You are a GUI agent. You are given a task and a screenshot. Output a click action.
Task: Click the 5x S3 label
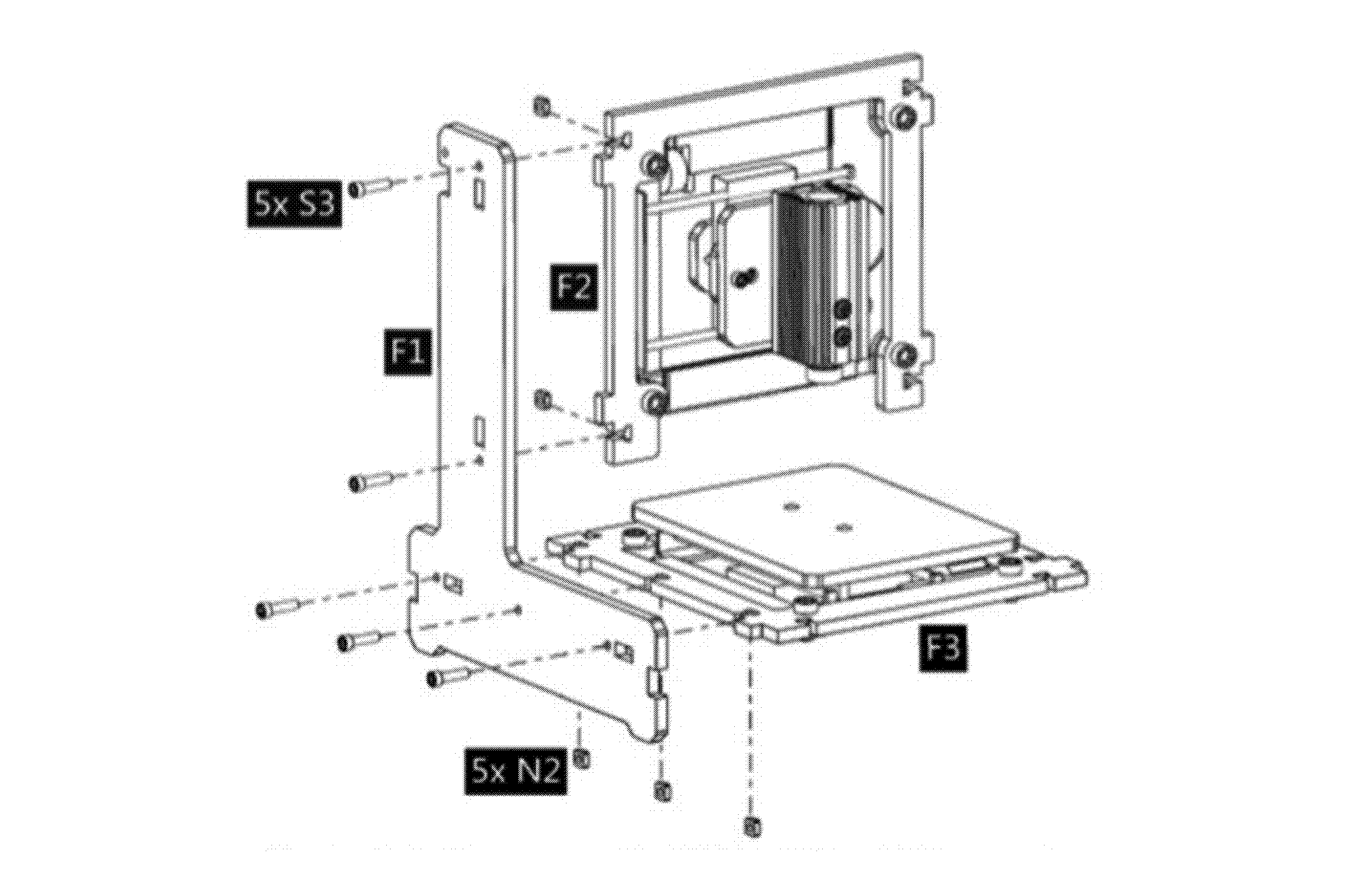(x=294, y=205)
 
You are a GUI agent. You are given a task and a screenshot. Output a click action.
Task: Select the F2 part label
(x=574, y=286)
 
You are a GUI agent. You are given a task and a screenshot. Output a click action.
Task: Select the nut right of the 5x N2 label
(x=582, y=759)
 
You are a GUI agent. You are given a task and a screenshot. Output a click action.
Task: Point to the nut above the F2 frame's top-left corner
(x=543, y=106)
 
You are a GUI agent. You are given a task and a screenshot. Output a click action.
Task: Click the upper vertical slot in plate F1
(x=479, y=195)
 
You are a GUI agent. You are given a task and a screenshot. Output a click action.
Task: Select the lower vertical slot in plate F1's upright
(x=479, y=432)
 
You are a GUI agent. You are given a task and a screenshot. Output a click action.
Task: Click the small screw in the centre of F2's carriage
(x=744, y=277)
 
